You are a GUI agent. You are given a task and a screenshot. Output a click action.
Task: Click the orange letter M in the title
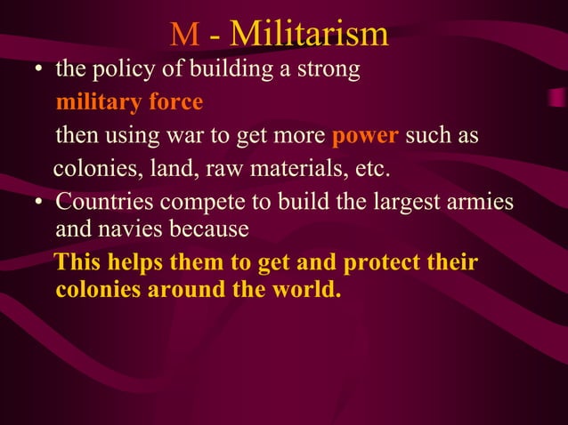coord(184,35)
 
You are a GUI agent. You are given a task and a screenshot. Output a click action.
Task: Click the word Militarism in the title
coord(309,34)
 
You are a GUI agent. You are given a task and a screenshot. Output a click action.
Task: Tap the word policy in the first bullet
coord(113,70)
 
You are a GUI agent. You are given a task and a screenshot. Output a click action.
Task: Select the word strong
coord(329,70)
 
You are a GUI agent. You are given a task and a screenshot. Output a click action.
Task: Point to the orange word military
coord(94,103)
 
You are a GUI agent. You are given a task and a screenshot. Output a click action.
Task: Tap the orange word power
coord(362,137)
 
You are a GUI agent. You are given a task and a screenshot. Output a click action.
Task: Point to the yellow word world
coord(307,290)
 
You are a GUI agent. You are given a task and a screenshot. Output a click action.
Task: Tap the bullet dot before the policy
coord(39,72)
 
